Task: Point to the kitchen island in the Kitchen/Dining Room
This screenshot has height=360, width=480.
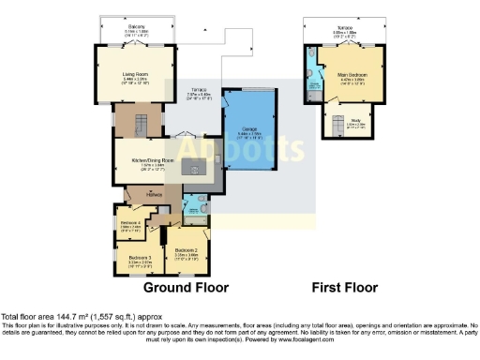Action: coord(193,167)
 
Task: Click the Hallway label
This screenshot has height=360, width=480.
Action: coord(155,194)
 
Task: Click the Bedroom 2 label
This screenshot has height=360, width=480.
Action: coord(186,250)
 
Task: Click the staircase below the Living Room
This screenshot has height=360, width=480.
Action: coord(139,122)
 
